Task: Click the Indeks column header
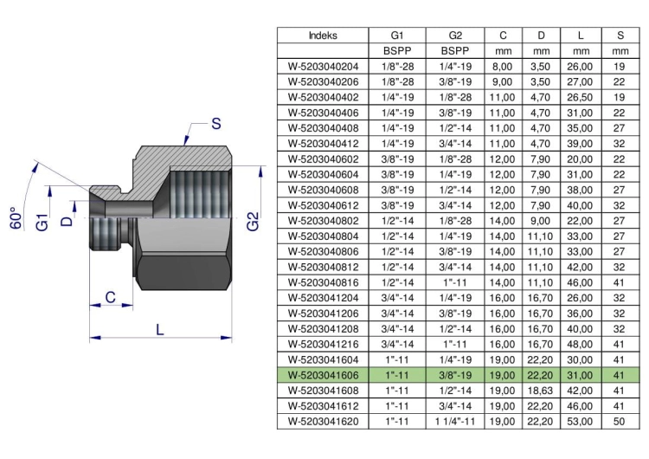pyautogui.click(x=323, y=36)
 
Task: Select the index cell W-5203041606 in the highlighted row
pyautogui.click(x=323, y=375)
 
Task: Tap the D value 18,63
pyautogui.click(x=540, y=391)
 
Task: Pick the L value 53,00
pyautogui.click(x=580, y=422)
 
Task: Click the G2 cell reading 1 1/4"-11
pyautogui.click(x=455, y=422)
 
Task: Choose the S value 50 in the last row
pyautogui.click(x=620, y=422)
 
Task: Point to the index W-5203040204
pyautogui.click(x=323, y=67)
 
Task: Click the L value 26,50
pyautogui.click(x=580, y=97)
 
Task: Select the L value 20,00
pyautogui.click(x=580, y=159)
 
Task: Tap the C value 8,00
pyautogui.click(x=502, y=67)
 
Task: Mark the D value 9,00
pyautogui.click(x=540, y=221)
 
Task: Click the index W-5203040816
pyautogui.click(x=323, y=282)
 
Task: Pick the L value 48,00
pyautogui.click(x=580, y=345)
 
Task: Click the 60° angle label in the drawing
pyautogui.click(x=16, y=218)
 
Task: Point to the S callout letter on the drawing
pyautogui.click(x=216, y=124)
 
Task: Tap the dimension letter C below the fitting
pyautogui.click(x=110, y=297)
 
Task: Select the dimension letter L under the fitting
pyautogui.click(x=160, y=329)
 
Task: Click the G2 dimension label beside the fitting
pyautogui.click(x=253, y=221)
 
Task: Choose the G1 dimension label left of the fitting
pyautogui.click(x=42, y=222)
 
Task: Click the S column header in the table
pyautogui.click(x=620, y=36)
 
